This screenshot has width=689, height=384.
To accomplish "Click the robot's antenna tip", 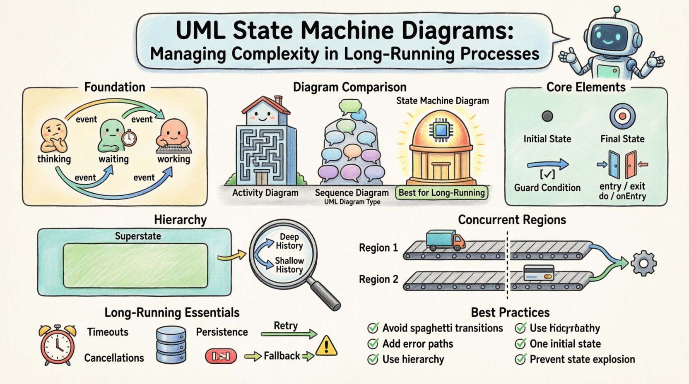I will point(617,9).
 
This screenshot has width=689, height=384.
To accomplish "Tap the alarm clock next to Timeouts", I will point(58,345).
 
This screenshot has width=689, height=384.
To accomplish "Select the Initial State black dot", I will point(547,116).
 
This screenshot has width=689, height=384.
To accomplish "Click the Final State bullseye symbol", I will point(622,117).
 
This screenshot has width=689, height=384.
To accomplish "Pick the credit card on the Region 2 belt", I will point(539,273).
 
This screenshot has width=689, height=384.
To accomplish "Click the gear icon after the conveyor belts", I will point(643,263).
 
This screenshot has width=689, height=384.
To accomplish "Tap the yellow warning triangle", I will point(327,346).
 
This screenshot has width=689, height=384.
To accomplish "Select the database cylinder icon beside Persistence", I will point(171,345).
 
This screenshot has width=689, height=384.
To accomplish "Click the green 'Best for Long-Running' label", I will point(441,193).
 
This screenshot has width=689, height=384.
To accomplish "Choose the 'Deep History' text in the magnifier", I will point(289,241).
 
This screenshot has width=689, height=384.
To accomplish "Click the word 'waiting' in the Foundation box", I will point(113,159).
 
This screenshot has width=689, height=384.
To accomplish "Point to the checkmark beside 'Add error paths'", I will point(373,344).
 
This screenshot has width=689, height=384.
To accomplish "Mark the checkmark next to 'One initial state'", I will point(520,344).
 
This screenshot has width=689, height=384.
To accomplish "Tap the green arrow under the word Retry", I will point(289,334).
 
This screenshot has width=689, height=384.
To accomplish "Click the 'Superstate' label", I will point(138,236).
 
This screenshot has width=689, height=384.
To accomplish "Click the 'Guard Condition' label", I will point(547,187).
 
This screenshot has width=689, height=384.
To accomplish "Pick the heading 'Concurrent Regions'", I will point(512,220).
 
